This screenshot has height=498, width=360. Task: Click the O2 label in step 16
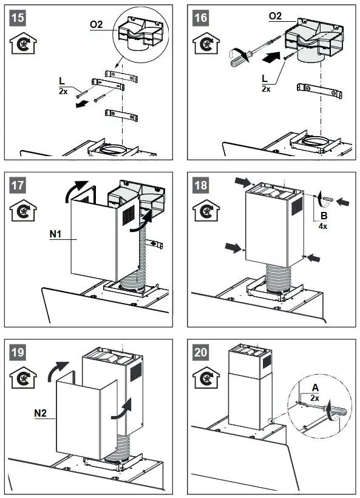(275, 15)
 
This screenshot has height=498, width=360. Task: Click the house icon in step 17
(22, 212)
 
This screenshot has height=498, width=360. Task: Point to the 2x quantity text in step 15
(63, 92)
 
